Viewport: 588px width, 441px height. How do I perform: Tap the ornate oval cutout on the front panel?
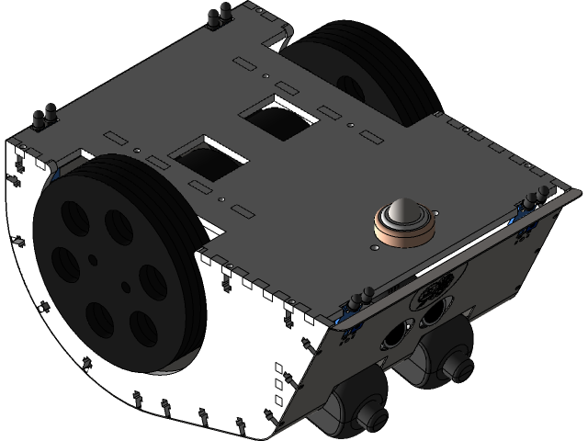pos(429,293)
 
